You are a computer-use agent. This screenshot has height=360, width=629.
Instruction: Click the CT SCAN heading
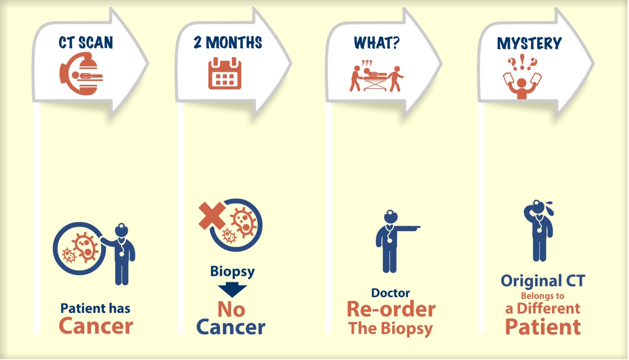click(x=86, y=42)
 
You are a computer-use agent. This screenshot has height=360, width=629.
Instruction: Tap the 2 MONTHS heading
click(x=228, y=42)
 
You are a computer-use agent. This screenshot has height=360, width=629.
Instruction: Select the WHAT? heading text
click(x=377, y=43)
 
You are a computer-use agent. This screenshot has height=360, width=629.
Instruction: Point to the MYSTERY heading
click(x=529, y=43)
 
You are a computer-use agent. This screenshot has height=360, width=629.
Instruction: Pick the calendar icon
click(x=225, y=73)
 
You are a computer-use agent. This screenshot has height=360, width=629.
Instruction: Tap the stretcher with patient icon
click(x=376, y=78)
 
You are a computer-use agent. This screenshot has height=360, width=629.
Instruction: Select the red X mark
click(x=212, y=216)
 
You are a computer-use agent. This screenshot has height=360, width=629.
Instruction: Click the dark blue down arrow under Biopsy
click(x=232, y=290)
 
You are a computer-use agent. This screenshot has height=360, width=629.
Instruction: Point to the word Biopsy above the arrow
click(x=232, y=272)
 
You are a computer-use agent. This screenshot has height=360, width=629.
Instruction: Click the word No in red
click(x=231, y=310)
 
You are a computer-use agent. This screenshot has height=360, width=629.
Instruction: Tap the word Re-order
click(x=391, y=309)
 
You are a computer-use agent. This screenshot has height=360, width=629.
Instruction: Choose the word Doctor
click(x=390, y=293)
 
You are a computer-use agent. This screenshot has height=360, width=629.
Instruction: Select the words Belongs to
click(x=543, y=296)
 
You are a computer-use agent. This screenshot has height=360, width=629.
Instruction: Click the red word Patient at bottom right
click(x=543, y=326)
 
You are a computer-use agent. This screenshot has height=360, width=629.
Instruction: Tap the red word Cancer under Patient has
click(x=96, y=326)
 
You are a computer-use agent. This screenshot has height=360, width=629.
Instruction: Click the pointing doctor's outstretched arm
click(x=407, y=228)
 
